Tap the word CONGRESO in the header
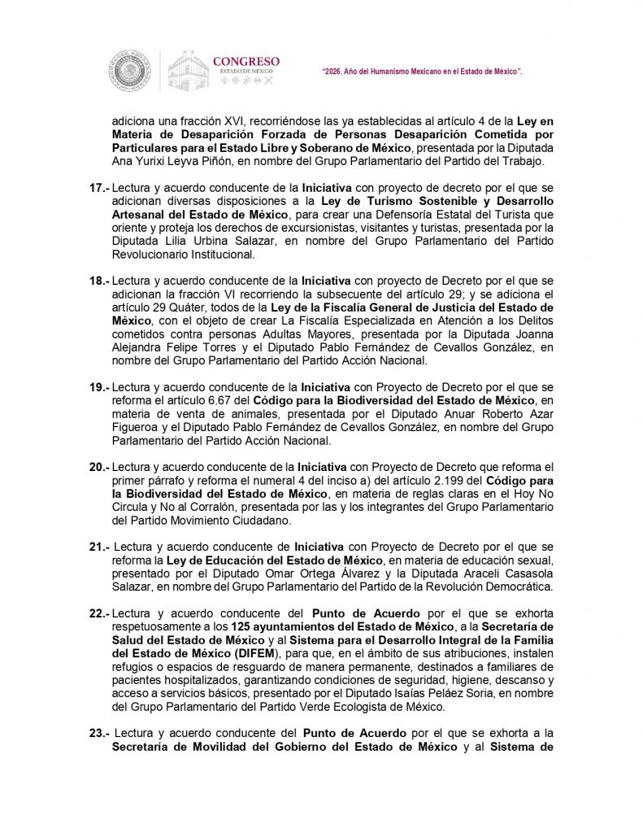245,61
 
